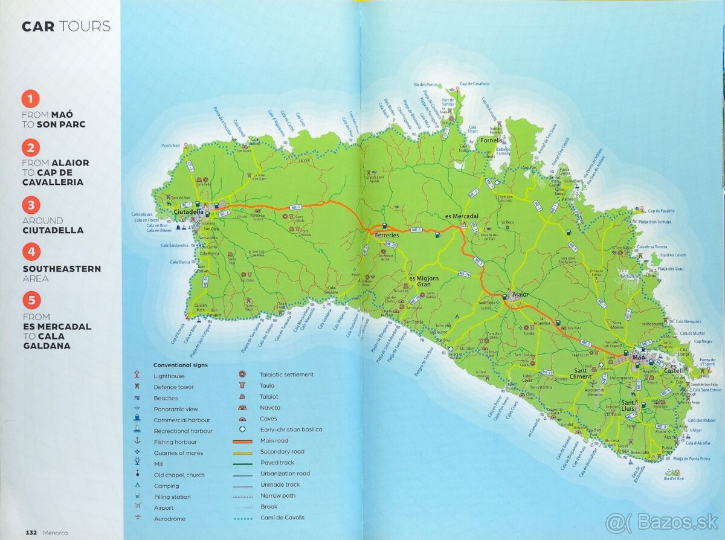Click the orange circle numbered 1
(31, 99)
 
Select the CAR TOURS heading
(66, 26)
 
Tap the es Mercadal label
(462, 216)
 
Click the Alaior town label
(520, 294)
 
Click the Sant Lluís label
(632, 405)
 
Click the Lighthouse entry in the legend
(169, 376)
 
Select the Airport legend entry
(163, 507)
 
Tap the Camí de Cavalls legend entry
(282, 518)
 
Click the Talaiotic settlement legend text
(286, 374)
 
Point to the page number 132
(31, 533)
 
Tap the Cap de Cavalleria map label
(474, 84)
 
